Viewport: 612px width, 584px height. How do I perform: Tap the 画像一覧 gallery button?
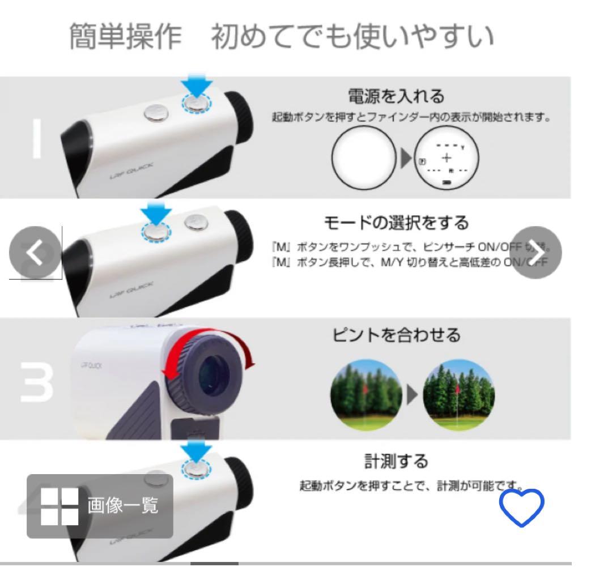click(x=100, y=506)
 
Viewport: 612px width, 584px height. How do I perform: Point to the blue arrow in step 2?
click(x=154, y=212)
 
